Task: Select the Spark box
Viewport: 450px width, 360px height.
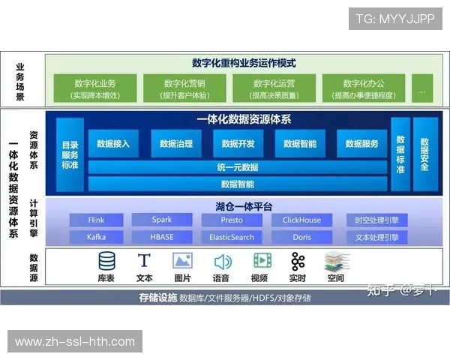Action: pyautogui.click(x=161, y=220)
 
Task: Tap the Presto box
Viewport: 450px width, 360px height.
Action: pyautogui.click(x=232, y=220)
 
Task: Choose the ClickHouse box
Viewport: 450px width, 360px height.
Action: pyautogui.click(x=301, y=220)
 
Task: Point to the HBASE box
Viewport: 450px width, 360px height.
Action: pyautogui.click(x=161, y=237)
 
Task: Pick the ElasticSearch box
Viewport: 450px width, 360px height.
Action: pyautogui.click(x=232, y=237)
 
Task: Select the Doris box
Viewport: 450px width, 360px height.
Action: pyautogui.click(x=301, y=237)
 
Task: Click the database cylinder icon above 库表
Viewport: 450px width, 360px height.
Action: pyautogui.click(x=107, y=261)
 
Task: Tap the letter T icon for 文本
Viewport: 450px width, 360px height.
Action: pyautogui.click(x=145, y=261)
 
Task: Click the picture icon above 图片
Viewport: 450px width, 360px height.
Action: pyautogui.click(x=182, y=261)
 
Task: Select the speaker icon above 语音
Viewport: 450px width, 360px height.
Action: pyautogui.click(x=222, y=262)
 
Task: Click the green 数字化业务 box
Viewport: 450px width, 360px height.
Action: pyautogui.click(x=94, y=88)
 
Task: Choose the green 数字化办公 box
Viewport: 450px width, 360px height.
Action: pyautogui.click(x=364, y=88)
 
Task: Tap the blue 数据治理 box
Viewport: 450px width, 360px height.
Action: pyautogui.click(x=176, y=143)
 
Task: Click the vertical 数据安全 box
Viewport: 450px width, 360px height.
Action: pyautogui.click(x=424, y=154)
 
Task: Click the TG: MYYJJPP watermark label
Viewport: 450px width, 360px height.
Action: pyautogui.click(x=395, y=18)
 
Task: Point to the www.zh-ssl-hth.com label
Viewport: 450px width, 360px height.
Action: pyautogui.click(x=75, y=342)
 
